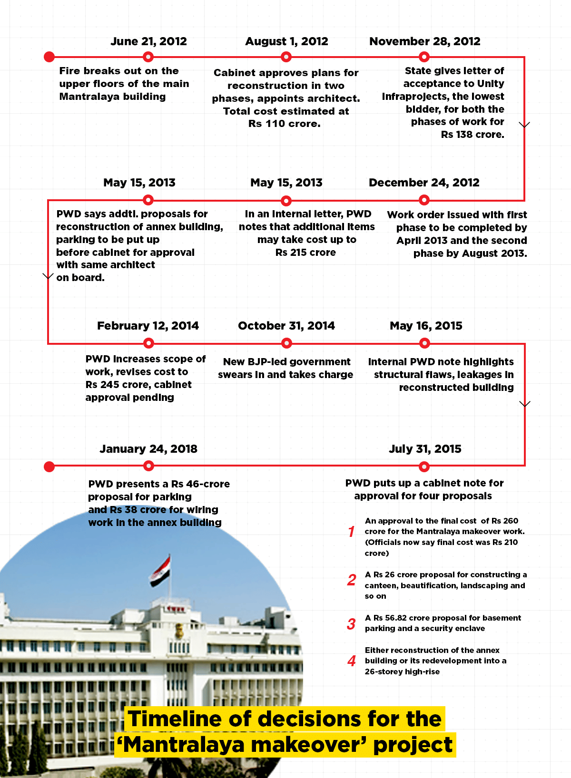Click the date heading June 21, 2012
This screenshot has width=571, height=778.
click(148, 41)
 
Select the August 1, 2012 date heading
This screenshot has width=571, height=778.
click(286, 41)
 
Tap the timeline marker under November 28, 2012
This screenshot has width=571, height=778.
click(424, 57)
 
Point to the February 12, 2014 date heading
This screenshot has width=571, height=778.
click(148, 326)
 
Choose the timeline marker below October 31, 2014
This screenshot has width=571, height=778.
click(286, 343)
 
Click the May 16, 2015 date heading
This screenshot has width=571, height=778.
click(426, 326)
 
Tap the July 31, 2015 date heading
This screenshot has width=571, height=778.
click(425, 449)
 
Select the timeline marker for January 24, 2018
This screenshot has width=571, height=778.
click(148, 466)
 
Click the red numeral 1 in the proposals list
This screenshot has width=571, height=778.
click(351, 532)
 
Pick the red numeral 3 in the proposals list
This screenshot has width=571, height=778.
click(351, 624)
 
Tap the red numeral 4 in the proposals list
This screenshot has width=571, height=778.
click(352, 661)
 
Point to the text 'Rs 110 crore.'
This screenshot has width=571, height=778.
click(285, 124)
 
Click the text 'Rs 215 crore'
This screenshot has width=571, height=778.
click(305, 253)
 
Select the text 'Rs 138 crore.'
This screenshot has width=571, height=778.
click(473, 135)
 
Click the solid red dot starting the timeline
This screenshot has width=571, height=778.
click(49, 57)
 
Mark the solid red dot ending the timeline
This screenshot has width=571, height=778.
click(49, 467)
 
